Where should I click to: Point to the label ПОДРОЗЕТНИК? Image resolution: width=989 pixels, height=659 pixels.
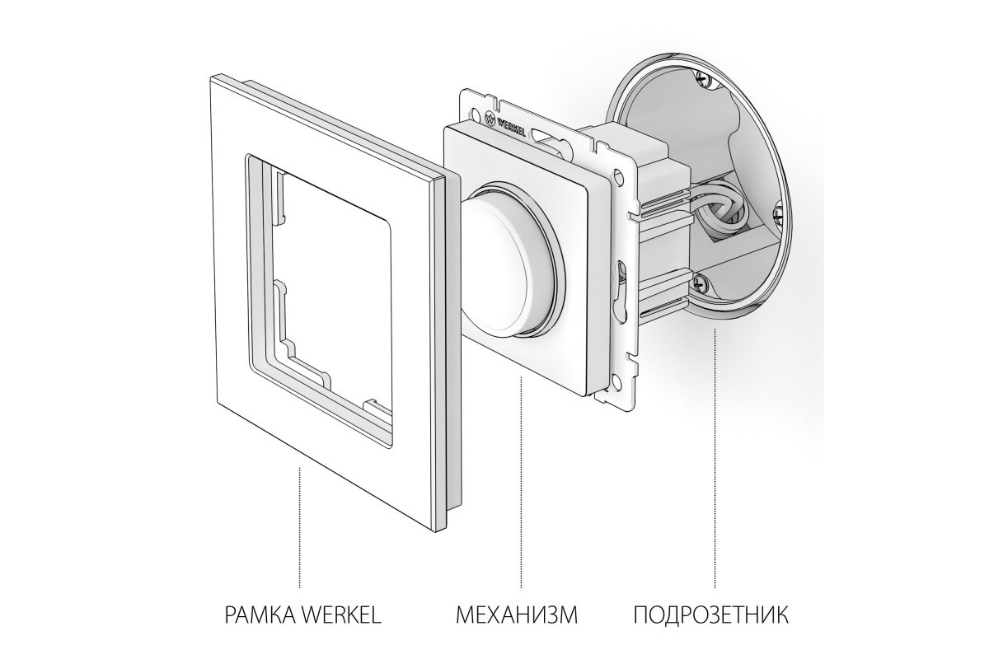tap(711, 615)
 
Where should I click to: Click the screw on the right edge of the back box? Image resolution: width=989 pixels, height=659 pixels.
tap(779, 216)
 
